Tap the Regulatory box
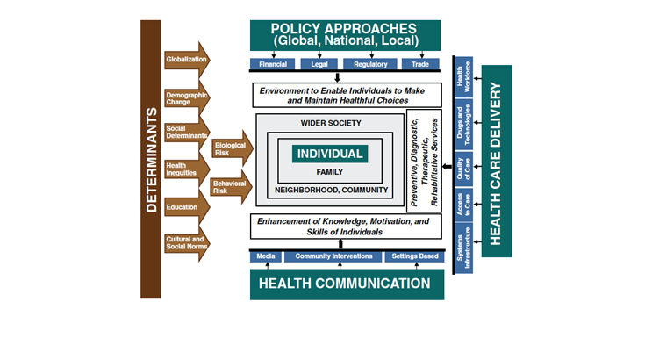370,64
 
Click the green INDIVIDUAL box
330,154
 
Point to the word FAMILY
330,172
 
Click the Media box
266,256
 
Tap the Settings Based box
412,256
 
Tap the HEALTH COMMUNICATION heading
345,284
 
